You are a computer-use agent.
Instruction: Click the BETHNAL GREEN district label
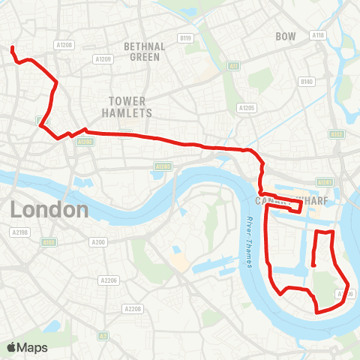(x=145, y=51)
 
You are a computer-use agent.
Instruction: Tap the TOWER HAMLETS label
(x=130, y=106)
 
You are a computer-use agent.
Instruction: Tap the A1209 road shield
(x=102, y=58)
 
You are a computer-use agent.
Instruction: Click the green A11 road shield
(x=234, y=66)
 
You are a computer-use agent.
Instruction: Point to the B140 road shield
(x=306, y=81)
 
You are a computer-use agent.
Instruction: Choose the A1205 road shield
(x=247, y=108)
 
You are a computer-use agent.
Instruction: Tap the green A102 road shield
(x=335, y=134)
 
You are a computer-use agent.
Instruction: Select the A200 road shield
(x=97, y=241)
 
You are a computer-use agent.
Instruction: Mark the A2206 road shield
(x=109, y=280)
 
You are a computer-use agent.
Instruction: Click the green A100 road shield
(x=49, y=242)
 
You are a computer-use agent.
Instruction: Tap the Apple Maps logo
(x=27, y=347)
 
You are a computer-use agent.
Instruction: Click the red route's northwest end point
(x=13, y=49)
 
